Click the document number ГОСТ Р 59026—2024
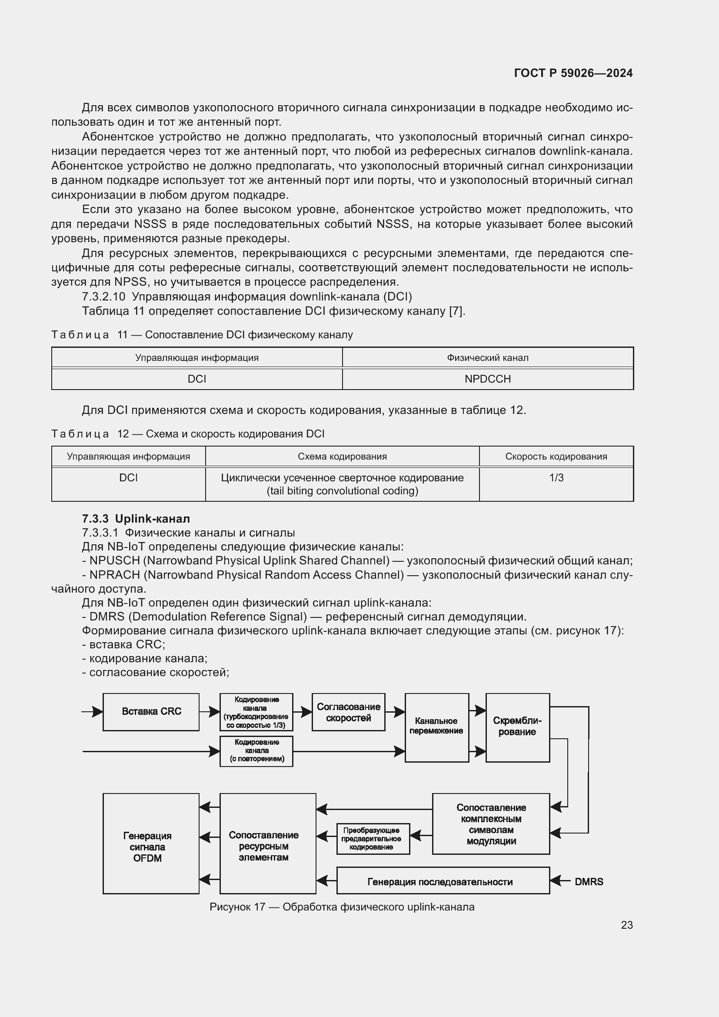(x=573, y=73)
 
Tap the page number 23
(x=626, y=925)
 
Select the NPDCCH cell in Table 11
(x=487, y=379)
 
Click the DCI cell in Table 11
(x=196, y=379)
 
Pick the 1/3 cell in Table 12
(x=556, y=478)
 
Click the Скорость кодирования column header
(x=556, y=457)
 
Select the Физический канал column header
(x=487, y=358)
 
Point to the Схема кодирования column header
(x=342, y=457)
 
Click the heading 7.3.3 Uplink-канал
(x=136, y=519)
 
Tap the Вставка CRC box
(x=151, y=711)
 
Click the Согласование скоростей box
(x=349, y=712)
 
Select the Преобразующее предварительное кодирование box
(x=373, y=838)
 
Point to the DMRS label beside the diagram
(x=589, y=881)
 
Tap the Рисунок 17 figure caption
(x=342, y=907)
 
